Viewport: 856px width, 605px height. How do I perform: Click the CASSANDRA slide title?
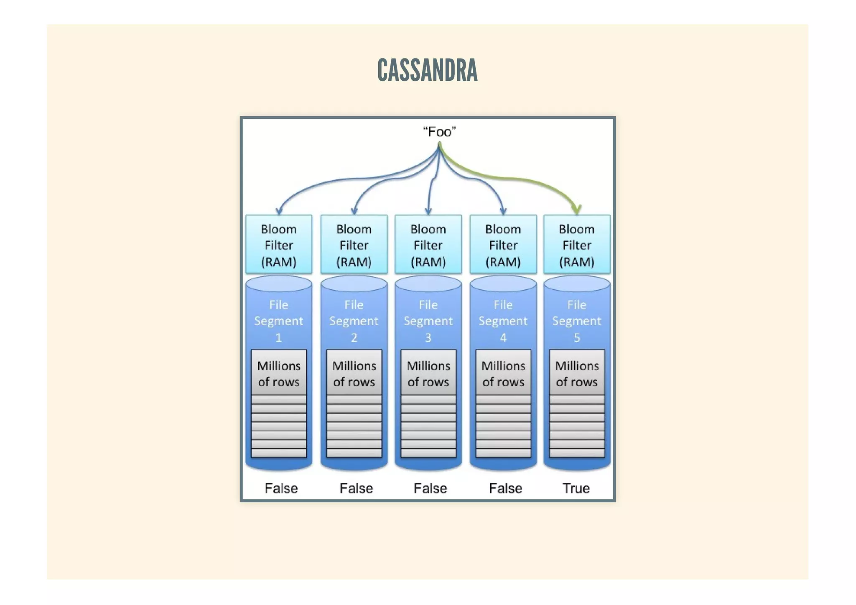(x=427, y=70)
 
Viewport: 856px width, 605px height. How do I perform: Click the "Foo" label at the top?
(x=439, y=132)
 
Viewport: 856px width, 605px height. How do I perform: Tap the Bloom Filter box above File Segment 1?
(x=279, y=245)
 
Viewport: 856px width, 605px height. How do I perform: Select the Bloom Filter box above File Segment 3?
(x=428, y=245)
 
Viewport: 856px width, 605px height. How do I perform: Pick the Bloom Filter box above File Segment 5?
(x=577, y=245)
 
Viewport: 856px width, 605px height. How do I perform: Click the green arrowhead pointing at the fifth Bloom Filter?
(x=577, y=209)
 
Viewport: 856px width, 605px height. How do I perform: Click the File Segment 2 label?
(x=354, y=321)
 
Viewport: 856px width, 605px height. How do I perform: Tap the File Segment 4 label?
(x=503, y=321)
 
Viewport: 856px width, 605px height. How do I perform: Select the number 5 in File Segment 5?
(x=577, y=337)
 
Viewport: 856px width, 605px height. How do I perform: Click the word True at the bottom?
(x=576, y=488)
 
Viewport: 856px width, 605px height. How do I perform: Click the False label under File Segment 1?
(x=281, y=488)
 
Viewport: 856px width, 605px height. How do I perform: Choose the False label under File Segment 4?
(x=505, y=488)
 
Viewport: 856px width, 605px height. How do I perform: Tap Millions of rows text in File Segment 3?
(x=428, y=373)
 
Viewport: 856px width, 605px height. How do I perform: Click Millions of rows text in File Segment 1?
(x=279, y=373)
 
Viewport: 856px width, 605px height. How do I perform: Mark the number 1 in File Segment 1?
(x=279, y=337)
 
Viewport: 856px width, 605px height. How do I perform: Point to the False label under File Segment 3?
(x=430, y=488)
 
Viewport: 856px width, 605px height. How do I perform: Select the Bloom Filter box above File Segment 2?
(x=354, y=245)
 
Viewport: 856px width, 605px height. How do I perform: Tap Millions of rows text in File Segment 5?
(x=577, y=373)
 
